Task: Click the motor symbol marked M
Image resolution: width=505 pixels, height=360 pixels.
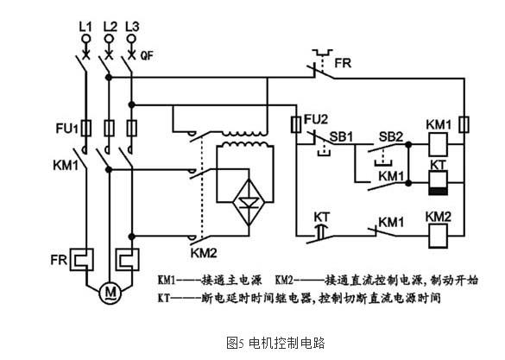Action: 110,293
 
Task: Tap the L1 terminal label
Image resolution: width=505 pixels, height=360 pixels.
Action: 85,27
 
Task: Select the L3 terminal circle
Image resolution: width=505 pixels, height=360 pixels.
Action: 131,39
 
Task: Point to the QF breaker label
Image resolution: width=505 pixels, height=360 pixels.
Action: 147,56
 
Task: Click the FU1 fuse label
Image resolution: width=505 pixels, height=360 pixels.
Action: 67,129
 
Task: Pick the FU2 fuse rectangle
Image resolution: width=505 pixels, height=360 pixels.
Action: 296,124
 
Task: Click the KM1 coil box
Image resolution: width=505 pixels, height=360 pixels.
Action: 438,144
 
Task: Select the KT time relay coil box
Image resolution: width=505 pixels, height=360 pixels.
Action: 438,182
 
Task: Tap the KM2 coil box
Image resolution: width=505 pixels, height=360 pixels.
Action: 438,236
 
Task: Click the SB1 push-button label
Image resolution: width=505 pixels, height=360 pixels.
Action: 341,137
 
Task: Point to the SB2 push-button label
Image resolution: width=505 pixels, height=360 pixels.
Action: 391,136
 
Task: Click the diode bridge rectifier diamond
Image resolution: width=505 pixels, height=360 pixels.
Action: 249,203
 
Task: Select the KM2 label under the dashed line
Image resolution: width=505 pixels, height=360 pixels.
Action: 204,253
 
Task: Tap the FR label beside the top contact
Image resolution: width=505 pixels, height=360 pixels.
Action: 343,63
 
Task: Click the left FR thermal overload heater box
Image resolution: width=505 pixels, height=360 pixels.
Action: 82,259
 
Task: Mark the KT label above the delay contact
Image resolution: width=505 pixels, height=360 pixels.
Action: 322,218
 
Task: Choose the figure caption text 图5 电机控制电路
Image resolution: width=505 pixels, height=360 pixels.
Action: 275,343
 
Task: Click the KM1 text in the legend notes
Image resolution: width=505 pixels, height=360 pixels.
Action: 167,280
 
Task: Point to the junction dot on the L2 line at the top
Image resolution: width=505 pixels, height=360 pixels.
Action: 109,78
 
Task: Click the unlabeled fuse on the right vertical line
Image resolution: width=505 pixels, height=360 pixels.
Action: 464,124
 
